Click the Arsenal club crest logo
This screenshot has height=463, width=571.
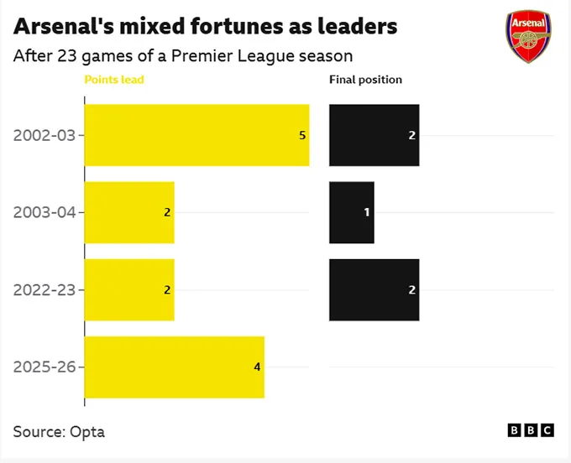click(x=529, y=37)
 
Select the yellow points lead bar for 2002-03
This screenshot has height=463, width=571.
click(x=196, y=135)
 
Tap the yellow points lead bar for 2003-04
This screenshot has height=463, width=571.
click(x=129, y=212)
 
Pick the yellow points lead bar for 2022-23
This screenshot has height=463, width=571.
click(x=129, y=289)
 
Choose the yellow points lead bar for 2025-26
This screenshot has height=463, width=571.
click(x=174, y=367)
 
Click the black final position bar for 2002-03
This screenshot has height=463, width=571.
click(x=374, y=135)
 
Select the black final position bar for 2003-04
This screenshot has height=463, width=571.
click(x=351, y=212)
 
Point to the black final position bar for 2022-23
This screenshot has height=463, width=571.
click(x=374, y=289)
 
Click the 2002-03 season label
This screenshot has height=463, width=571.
click(x=45, y=135)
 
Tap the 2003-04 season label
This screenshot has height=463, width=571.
click(x=45, y=212)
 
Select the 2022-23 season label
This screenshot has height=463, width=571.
click(x=45, y=289)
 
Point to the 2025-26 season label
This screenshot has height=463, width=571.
click(x=45, y=367)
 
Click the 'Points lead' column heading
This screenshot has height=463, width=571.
click(x=114, y=80)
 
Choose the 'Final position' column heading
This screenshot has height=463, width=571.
click(x=365, y=80)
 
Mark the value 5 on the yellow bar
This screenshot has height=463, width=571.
click(x=302, y=135)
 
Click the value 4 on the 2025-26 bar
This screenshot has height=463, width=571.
click(x=257, y=367)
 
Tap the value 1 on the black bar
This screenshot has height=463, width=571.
click(x=367, y=212)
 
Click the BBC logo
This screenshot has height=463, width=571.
click(x=532, y=430)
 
